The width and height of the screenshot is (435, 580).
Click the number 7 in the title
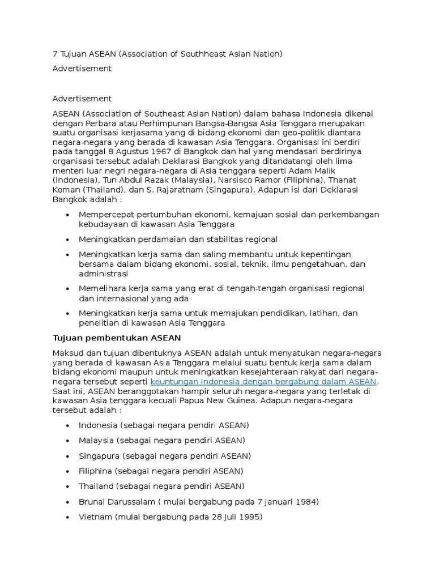point(55,54)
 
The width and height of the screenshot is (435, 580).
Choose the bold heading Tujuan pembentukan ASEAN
point(117,338)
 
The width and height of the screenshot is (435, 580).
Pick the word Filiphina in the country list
point(95,471)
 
